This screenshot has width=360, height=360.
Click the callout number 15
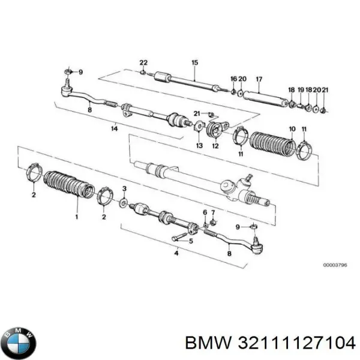tap(194, 63)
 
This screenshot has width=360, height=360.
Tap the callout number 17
tap(259, 79)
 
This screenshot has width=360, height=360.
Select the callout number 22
tap(143, 63)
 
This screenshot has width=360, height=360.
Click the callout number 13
tap(199, 146)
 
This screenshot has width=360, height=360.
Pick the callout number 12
tap(215, 146)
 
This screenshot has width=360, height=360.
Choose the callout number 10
tap(292, 129)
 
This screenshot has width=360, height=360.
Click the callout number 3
tap(124, 189)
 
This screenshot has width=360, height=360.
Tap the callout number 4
tap(176, 254)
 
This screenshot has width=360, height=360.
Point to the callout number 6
tap(205, 213)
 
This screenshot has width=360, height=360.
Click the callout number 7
tap(213, 213)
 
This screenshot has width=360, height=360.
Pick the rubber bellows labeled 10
tap(272, 147)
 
